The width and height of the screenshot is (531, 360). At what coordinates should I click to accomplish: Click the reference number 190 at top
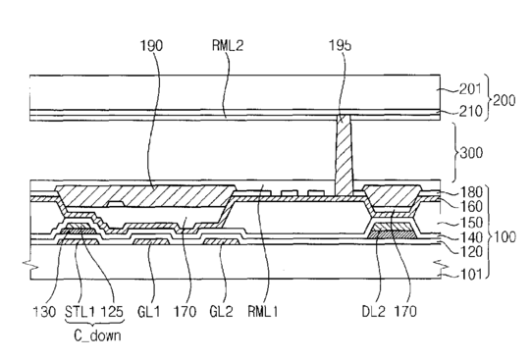152,45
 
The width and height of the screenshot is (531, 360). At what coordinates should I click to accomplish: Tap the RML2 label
228,45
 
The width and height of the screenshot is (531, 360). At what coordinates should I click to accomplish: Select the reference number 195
341,45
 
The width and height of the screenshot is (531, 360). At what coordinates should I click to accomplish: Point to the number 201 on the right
470,88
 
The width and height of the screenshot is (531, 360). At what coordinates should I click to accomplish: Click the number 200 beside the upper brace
504,100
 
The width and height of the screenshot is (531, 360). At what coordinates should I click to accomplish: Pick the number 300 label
471,153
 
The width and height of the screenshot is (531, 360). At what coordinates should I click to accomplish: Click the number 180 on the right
471,192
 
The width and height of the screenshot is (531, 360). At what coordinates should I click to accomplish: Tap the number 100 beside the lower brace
504,236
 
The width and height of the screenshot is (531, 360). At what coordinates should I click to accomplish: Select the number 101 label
470,274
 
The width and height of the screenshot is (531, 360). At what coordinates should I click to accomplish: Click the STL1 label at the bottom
80,311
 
